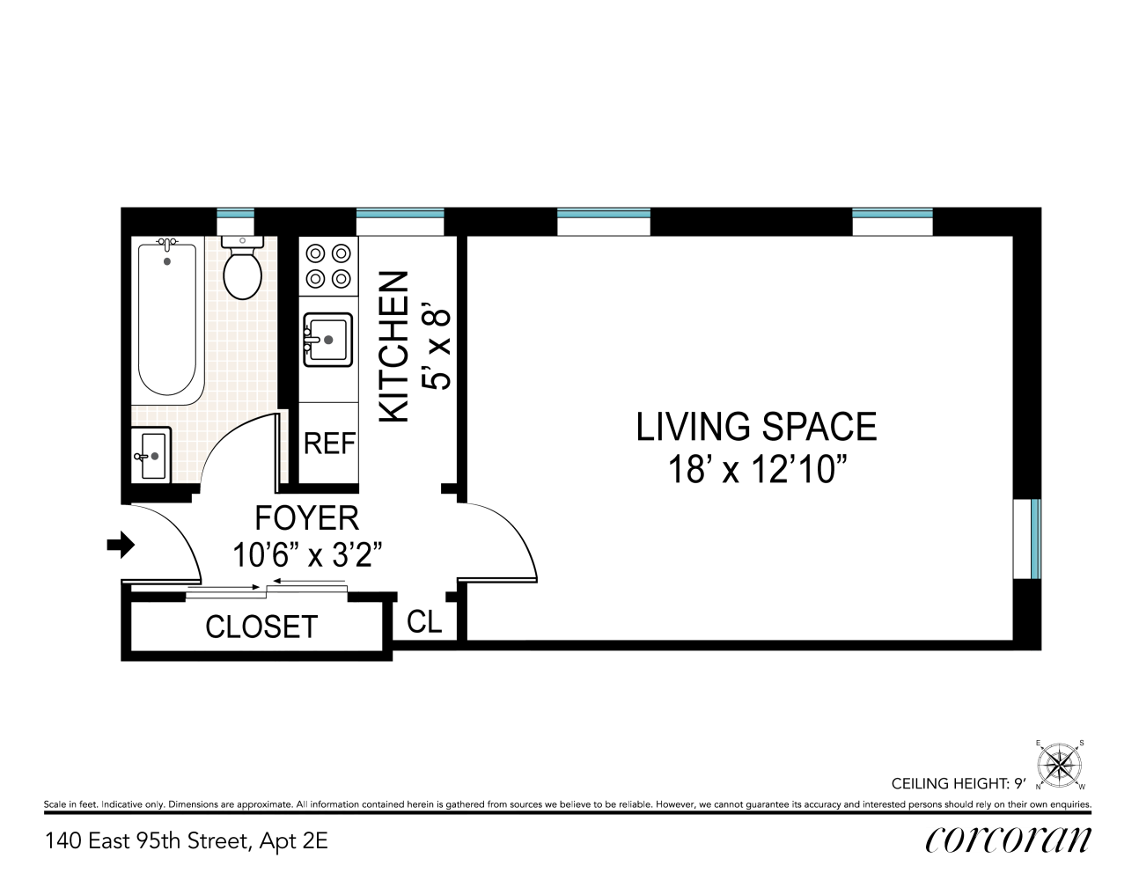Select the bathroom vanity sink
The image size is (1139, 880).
coord(151,455)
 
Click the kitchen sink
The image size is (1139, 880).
coord(327,340)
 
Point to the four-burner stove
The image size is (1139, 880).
coord(328,267)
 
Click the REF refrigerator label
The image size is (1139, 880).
coord(329,444)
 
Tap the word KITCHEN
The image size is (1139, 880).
coord(394,346)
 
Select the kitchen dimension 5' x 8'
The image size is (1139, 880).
coord(437,348)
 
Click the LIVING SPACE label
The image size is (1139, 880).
coord(756,427)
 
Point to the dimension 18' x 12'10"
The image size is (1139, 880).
coord(756,470)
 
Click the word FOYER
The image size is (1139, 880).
coord(306,518)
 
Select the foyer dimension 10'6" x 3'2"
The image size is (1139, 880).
coord(306,555)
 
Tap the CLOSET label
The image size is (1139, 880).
coord(261,627)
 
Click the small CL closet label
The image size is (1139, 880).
coord(424,622)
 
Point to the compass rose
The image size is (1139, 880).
coord(1060,764)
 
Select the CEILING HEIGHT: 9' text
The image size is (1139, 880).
coord(959,783)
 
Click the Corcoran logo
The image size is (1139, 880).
coord(1008,840)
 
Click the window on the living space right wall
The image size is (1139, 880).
coord(1028,539)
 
